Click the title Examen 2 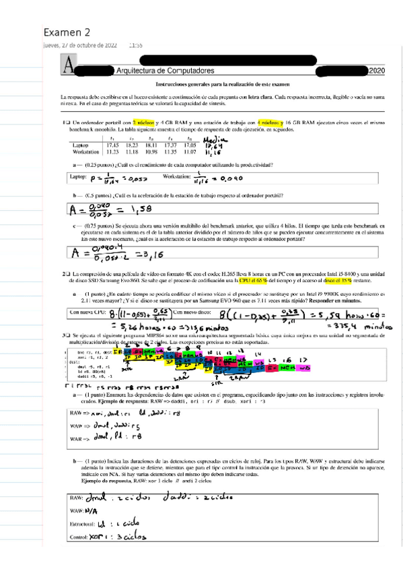[x=66, y=33]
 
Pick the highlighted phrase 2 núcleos [x=144, y=123]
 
